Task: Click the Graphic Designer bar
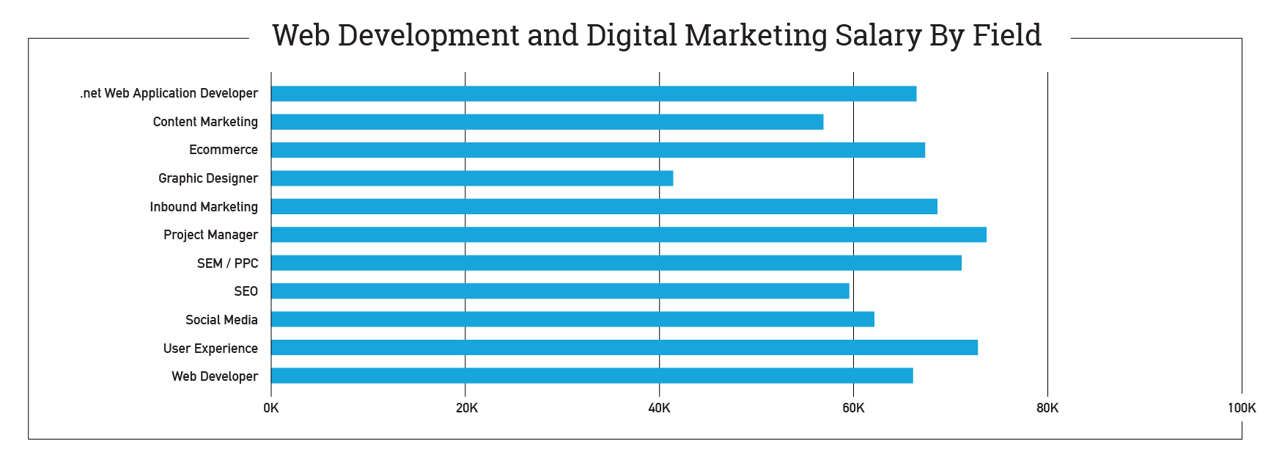472,178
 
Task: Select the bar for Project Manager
629,235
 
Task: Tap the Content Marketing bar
548,122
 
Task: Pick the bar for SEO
560,291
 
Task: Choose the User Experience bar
625,348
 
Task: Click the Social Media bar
572,319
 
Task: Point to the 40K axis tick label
659,408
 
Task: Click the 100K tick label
1241,408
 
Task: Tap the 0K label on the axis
271,408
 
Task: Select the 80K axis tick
1047,408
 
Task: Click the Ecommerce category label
224,150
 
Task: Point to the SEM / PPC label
227,263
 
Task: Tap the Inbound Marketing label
204,207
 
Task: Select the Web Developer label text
215,376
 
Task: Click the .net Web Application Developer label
169,93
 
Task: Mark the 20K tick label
466,408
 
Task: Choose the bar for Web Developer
592,376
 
